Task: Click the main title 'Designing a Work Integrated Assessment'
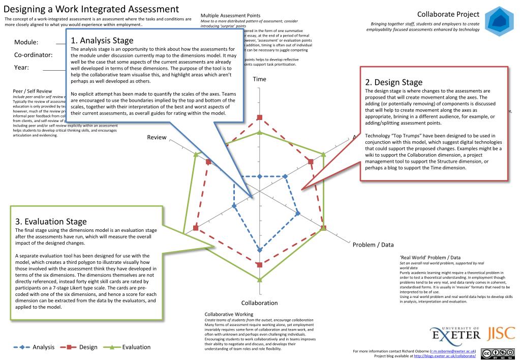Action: pos(91,9)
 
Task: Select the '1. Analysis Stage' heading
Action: pos(102,40)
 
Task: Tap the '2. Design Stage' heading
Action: pos(394,82)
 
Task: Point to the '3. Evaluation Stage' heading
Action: pos(51,221)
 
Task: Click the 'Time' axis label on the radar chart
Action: pos(259,79)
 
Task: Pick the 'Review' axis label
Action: pos(157,137)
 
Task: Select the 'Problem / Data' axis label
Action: pos(373,245)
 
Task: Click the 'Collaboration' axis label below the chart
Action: pos(259,303)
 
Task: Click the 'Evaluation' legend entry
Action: pos(136,347)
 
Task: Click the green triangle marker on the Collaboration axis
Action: pos(260,280)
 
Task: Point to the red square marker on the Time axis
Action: pos(260,117)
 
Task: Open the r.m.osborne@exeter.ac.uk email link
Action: pos(452,351)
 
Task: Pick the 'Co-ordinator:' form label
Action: pos(33,55)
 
